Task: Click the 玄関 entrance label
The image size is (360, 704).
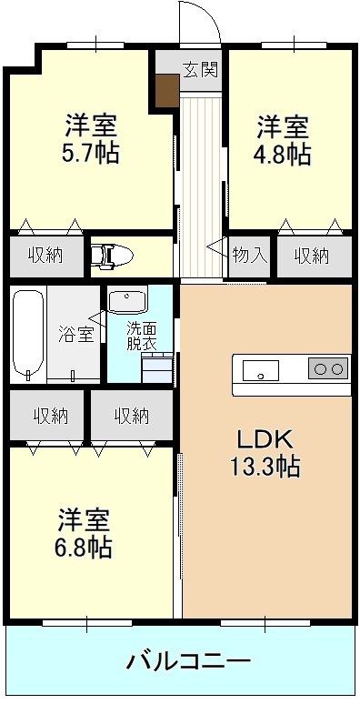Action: pos(200,70)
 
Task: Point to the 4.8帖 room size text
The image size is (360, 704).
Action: pos(283,153)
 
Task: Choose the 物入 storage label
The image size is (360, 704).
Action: pos(249,255)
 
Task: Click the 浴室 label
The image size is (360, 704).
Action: pos(75,334)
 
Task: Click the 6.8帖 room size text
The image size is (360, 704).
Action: pos(84,548)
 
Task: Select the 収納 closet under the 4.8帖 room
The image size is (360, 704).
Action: pos(312,255)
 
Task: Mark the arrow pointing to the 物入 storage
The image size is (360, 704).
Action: pos(216,247)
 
